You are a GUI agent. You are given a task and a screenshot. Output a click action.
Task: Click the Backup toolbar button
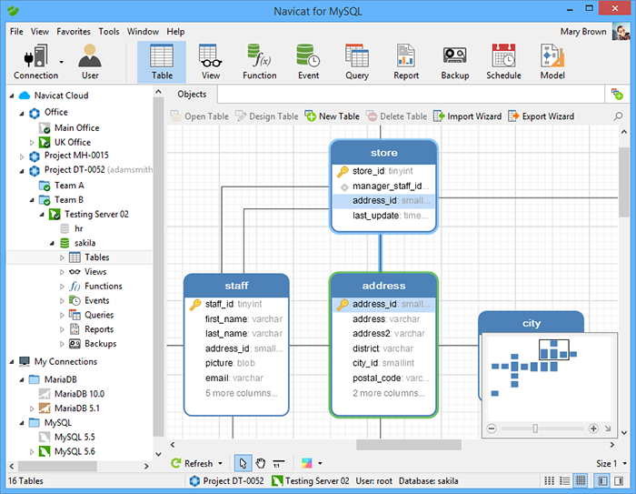[454, 62]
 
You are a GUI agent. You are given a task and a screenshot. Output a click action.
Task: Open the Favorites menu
[74, 31]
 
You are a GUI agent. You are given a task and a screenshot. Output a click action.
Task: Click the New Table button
[333, 116]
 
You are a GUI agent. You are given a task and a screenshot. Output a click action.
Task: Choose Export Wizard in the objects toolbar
[542, 116]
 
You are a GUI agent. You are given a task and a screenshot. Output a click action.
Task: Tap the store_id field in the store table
[368, 171]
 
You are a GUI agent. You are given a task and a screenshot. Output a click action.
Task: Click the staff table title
[236, 286]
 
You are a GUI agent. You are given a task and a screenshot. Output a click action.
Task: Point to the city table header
[532, 323]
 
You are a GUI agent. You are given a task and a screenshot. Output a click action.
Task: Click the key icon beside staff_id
[195, 304]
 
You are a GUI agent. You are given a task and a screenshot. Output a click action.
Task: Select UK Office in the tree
[72, 142]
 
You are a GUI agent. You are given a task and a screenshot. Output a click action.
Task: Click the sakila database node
[84, 243]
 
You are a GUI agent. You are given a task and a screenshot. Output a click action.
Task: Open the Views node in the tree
[95, 272]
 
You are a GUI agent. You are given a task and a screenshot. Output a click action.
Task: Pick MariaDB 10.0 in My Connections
[79, 394]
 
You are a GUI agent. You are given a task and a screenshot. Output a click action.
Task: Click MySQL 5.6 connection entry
[75, 451]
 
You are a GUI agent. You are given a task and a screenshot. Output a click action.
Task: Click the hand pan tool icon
[261, 463]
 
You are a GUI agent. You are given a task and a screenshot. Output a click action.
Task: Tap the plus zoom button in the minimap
[593, 428]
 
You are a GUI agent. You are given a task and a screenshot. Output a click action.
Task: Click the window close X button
[615, 8]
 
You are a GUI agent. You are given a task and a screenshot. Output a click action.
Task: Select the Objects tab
[192, 95]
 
